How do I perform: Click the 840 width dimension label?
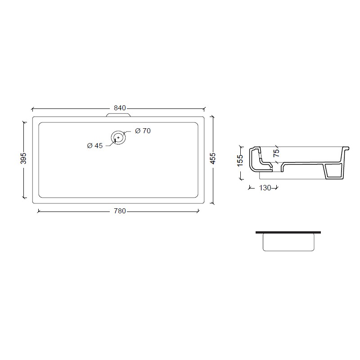[120, 108]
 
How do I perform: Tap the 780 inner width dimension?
[120, 211]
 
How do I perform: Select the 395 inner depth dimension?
[23, 158]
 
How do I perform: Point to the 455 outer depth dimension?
[213, 158]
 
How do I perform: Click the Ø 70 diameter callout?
[143, 130]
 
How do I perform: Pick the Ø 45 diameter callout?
[95, 145]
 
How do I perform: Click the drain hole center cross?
[118, 137]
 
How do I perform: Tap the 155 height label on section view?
[240, 161]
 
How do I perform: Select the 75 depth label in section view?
[276, 153]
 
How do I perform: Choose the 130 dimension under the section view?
[265, 188]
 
